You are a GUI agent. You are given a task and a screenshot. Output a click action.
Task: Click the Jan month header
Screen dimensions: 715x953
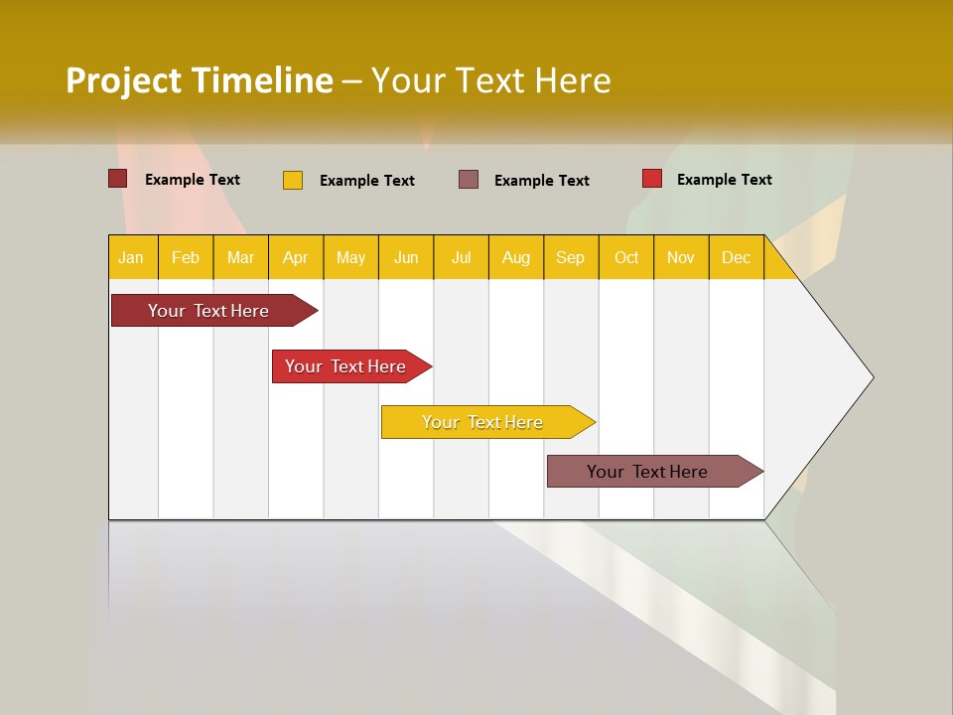(132, 257)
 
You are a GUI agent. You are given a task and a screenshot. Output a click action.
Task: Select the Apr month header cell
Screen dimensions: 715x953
(296, 257)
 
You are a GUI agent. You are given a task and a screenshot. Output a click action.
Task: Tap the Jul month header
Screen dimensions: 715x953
(461, 257)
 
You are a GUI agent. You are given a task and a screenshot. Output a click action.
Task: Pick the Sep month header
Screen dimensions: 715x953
(570, 257)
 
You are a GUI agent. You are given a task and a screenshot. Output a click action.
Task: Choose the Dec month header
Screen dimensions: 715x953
(736, 257)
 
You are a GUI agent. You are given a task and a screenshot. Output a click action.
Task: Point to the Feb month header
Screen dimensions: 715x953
(186, 257)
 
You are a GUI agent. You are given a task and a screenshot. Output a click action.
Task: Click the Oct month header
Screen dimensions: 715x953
(626, 257)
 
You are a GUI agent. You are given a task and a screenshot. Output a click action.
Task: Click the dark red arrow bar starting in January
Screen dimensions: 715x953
(208, 311)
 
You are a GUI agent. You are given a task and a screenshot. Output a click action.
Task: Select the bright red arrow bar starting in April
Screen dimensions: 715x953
(345, 366)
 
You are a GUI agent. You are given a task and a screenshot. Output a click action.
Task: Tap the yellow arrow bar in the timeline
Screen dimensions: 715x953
(482, 422)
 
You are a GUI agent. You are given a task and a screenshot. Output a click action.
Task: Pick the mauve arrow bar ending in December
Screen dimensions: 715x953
(647, 472)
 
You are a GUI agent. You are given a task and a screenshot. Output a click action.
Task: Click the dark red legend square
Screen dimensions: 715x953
(118, 179)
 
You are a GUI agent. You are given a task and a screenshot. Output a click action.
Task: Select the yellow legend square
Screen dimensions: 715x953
(293, 180)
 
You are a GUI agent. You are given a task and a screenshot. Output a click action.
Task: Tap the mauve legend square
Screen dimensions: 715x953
(469, 180)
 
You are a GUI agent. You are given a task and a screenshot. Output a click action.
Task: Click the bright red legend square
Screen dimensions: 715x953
(652, 179)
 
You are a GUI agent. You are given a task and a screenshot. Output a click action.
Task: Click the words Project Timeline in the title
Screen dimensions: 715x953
(200, 80)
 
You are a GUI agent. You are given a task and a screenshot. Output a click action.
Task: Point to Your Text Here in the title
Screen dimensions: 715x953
(491, 80)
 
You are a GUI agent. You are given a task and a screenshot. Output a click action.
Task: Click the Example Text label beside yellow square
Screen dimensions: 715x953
(367, 181)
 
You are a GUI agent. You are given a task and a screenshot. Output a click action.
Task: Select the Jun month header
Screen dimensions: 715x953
(406, 257)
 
